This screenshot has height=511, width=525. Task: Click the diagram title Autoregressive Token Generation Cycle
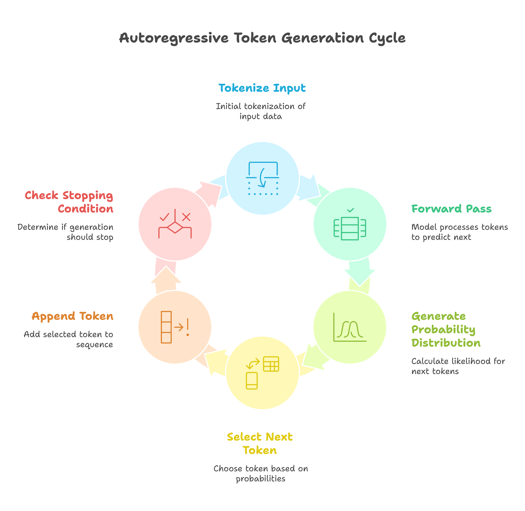pyautogui.click(x=262, y=38)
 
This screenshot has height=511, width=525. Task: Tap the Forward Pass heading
pyautogui.click(x=451, y=209)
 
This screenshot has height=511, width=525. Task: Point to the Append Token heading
pyautogui.click(x=73, y=316)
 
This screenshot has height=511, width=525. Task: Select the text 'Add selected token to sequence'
pyautogui.click(x=68, y=339)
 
